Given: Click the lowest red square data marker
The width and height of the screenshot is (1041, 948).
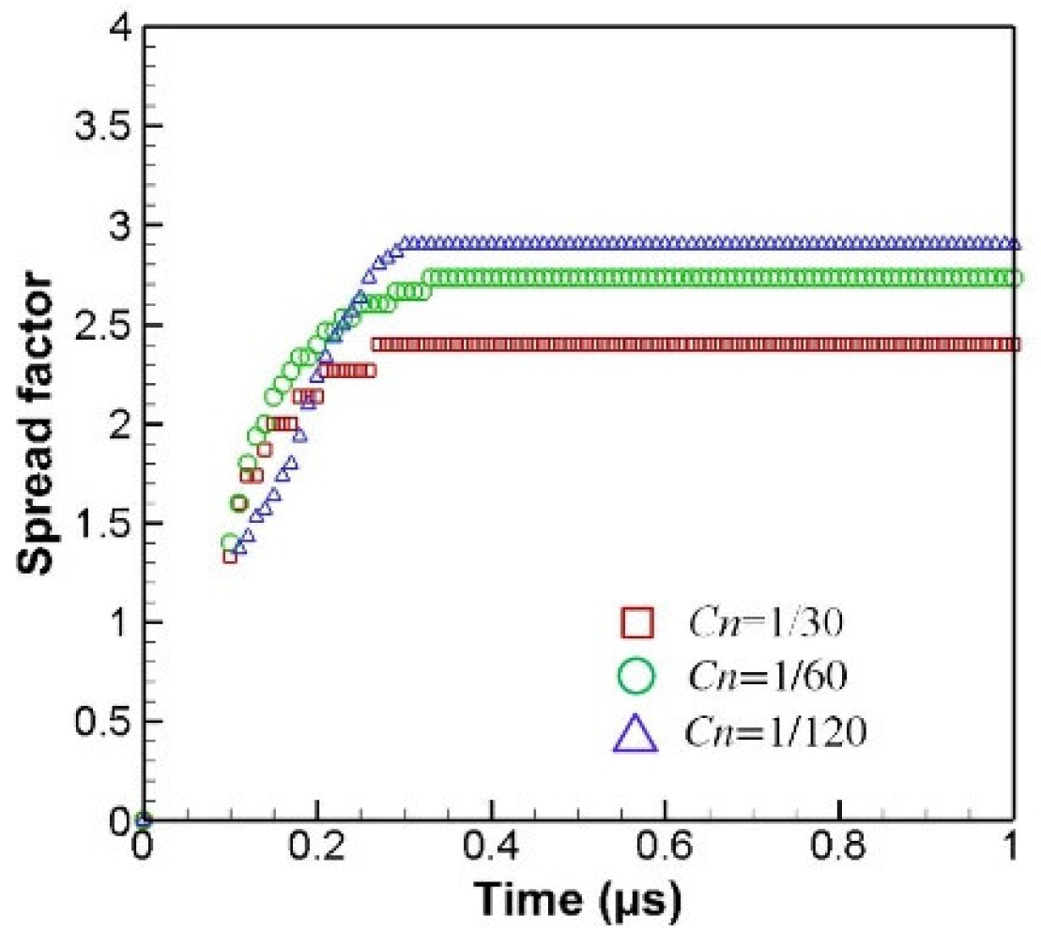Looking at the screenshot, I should click(x=229, y=556).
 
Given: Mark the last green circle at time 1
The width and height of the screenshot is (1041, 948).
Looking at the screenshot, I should click(x=1013, y=278).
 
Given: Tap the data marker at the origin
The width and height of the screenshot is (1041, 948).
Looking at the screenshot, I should click(x=144, y=819).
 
